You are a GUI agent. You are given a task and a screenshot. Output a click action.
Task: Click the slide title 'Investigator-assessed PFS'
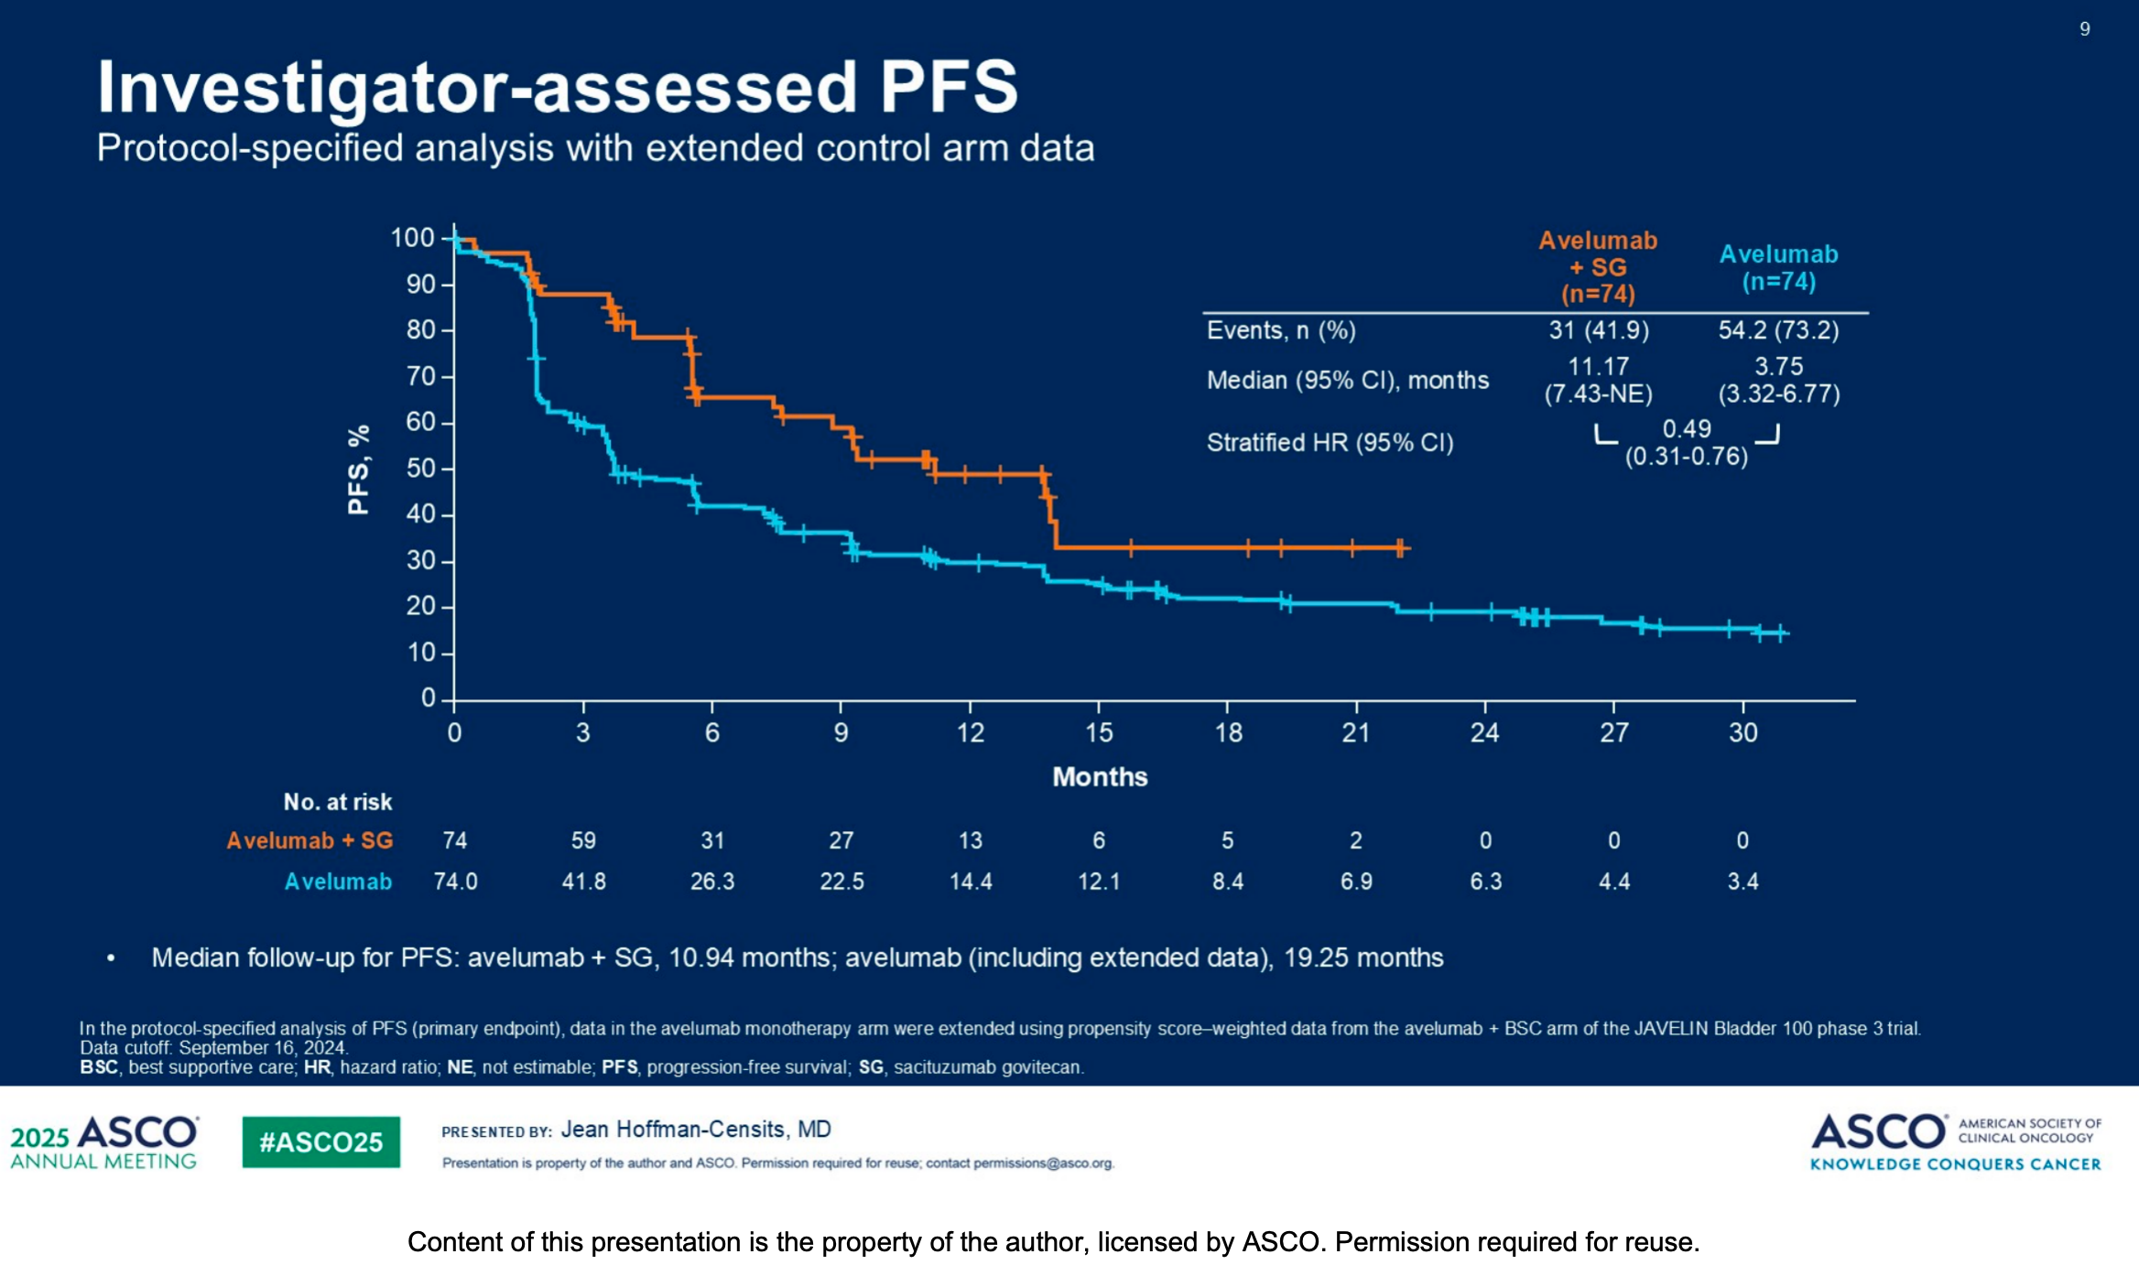(557, 87)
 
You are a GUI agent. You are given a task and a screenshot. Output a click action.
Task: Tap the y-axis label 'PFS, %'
(359, 470)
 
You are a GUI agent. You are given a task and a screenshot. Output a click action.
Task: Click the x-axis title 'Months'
(1100, 777)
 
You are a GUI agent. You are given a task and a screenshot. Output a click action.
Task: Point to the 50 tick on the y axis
(420, 469)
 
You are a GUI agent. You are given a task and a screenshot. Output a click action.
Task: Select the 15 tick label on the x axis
(1099, 732)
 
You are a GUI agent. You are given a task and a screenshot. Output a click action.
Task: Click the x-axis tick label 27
(1613, 732)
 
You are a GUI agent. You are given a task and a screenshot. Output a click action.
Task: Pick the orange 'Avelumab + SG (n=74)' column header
(1598, 266)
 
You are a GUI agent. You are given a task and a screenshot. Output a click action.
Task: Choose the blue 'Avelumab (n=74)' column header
(1778, 267)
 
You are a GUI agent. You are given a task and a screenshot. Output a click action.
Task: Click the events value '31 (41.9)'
(1599, 330)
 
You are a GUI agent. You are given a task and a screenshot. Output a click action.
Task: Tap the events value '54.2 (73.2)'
(1778, 330)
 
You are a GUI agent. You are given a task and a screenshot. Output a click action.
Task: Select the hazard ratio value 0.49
(1687, 428)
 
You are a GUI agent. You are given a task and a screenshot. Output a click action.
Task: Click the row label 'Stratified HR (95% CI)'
(1330, 443)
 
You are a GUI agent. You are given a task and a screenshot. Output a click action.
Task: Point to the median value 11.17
(1598, 366)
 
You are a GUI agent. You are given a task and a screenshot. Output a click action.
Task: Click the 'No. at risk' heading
(337, 802)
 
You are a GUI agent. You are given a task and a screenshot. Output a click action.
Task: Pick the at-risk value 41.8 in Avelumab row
(583, 881)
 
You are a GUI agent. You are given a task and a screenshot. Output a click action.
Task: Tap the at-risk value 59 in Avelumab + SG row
(583, 840)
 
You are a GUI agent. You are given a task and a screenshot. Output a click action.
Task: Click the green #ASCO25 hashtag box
(320, 1141)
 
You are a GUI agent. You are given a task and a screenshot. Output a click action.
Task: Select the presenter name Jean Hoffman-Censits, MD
(696, 1130)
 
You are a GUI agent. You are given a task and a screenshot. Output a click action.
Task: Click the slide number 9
(2085, 29)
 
